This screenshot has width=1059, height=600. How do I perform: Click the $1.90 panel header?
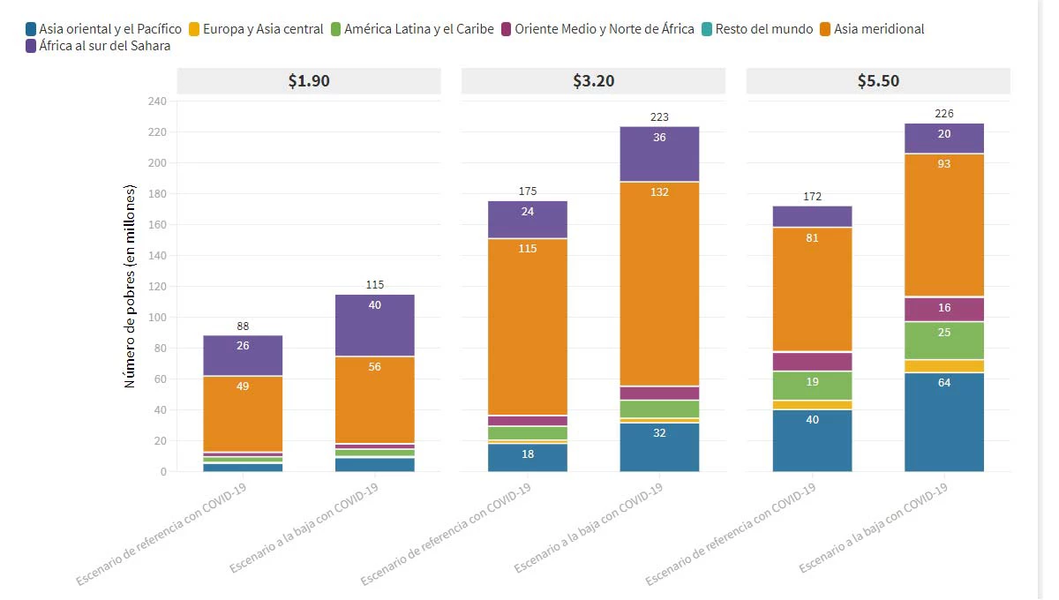tap(309, 80)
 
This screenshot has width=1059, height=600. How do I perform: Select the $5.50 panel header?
tap(878, 80)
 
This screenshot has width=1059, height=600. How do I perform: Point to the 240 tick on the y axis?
tap(156, 101)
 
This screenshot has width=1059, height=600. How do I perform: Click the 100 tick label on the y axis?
tap(156, 318)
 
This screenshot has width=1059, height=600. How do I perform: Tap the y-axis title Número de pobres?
tap(130, 287)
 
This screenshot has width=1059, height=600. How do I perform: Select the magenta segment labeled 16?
tap(944, 309)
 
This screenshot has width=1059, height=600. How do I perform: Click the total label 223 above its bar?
tap(659, 117)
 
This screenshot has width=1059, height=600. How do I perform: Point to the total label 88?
tap(243, 326)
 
